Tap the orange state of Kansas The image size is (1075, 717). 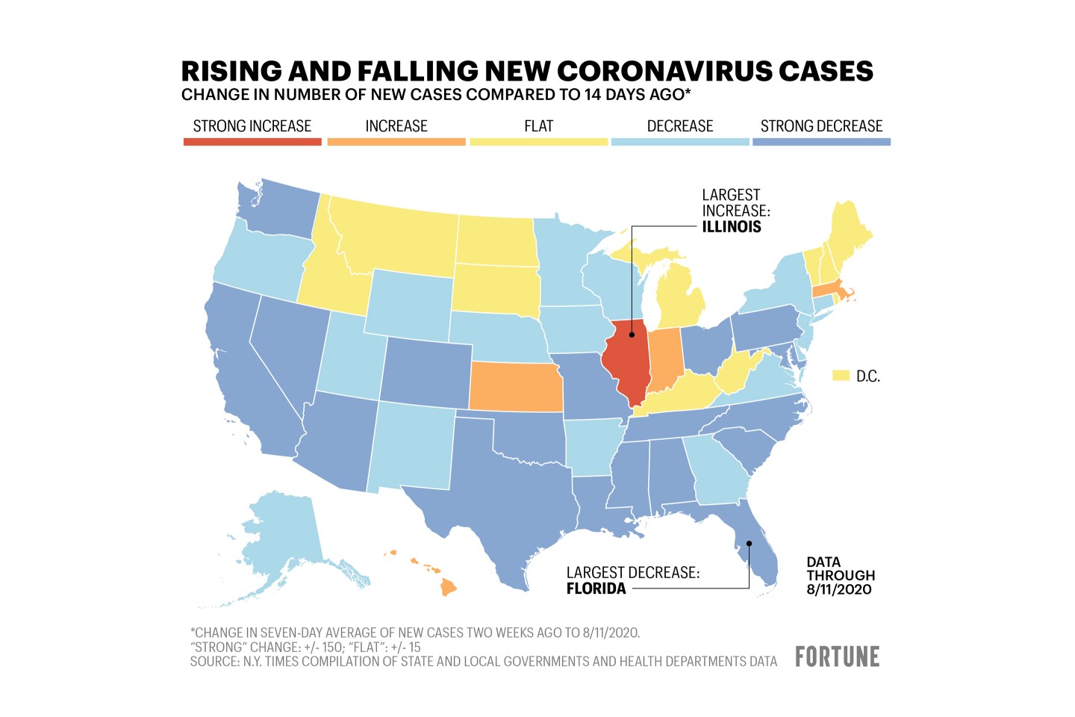point(515,387)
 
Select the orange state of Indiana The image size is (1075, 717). point(665,359)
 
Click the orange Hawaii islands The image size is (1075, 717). point(447,587)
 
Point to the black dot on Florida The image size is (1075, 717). point(749,543)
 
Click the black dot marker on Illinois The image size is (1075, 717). point(632,335)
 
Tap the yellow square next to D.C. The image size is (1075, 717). point(841,376)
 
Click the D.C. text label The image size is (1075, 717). point(868,376)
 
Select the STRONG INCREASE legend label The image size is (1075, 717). point(252,126)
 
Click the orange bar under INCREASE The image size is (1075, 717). point(396,141)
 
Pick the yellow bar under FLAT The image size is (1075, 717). point(538,141)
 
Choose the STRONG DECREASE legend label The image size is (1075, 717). point(821,126)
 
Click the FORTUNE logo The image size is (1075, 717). point(837,657)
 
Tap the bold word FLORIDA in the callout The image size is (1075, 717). point(596,589)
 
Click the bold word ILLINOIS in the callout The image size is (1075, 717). point(732,227)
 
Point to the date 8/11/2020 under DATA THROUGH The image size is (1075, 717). point(838,589)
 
